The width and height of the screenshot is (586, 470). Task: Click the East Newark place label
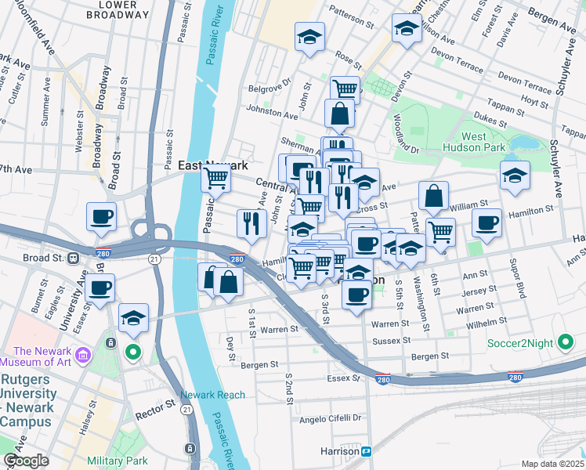[212, 165]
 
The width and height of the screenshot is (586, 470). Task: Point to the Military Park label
[118, 461]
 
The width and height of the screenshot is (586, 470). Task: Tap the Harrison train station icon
[366, 451]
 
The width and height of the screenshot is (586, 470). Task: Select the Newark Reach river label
[212, 395]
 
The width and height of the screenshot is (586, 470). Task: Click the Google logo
[26, 461]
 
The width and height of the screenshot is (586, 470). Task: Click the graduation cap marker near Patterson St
[310, 37]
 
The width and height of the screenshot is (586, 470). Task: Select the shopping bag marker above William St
[432, 195]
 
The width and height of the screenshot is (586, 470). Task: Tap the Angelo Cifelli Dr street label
[328, 418]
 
